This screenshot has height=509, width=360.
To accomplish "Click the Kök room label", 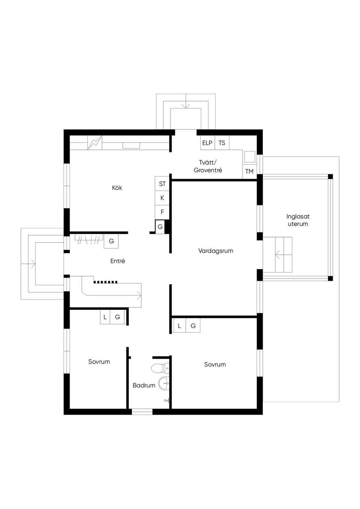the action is pyautogui.click(x=117, y=188).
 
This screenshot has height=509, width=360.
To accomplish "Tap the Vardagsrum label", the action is pyautogui.click(x=216, y=251).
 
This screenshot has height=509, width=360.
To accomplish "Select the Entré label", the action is pyautogui.click(x=117, y=261).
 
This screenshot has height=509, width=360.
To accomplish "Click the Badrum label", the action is pyautogui.click(x=144, y=385).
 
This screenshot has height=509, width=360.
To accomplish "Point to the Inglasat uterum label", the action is pyautogui.click(x=298, y=220).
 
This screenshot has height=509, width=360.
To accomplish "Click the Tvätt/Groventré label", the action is pyautogui.click(x=208, y=166).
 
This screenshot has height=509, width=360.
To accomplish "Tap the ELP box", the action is pyautogui.click(x=207, y=143).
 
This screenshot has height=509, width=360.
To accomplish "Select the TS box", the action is pyautogui.click(x=222, y=143).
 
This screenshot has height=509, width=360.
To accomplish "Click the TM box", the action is pyautogui.click(x=249, y=171).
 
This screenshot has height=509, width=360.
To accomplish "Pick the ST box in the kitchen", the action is pyautogui.click(x=162, y=183).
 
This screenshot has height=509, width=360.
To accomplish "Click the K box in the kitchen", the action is pyautogui.click(x=162, y=198).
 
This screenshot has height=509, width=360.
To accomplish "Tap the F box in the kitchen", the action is pyautogui.click(x=162, y=212).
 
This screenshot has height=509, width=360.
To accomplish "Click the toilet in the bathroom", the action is pyautogui.click(x=160, y=368).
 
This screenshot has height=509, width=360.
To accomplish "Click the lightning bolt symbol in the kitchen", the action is pyautogui.click(x=95, y=143).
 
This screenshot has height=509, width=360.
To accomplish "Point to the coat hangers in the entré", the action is pyautogui.click(x=89, y=240).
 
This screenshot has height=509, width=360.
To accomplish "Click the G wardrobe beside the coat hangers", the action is pyautogui.click(x=111, y=241).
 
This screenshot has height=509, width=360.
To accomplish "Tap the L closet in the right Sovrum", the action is pyautogui.click(x=179, y=326).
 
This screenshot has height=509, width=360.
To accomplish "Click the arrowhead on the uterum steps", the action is pyautogui.click(x=277, y=255).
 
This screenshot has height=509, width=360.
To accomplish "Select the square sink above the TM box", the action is pyautogui.click(x=250, y=157).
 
